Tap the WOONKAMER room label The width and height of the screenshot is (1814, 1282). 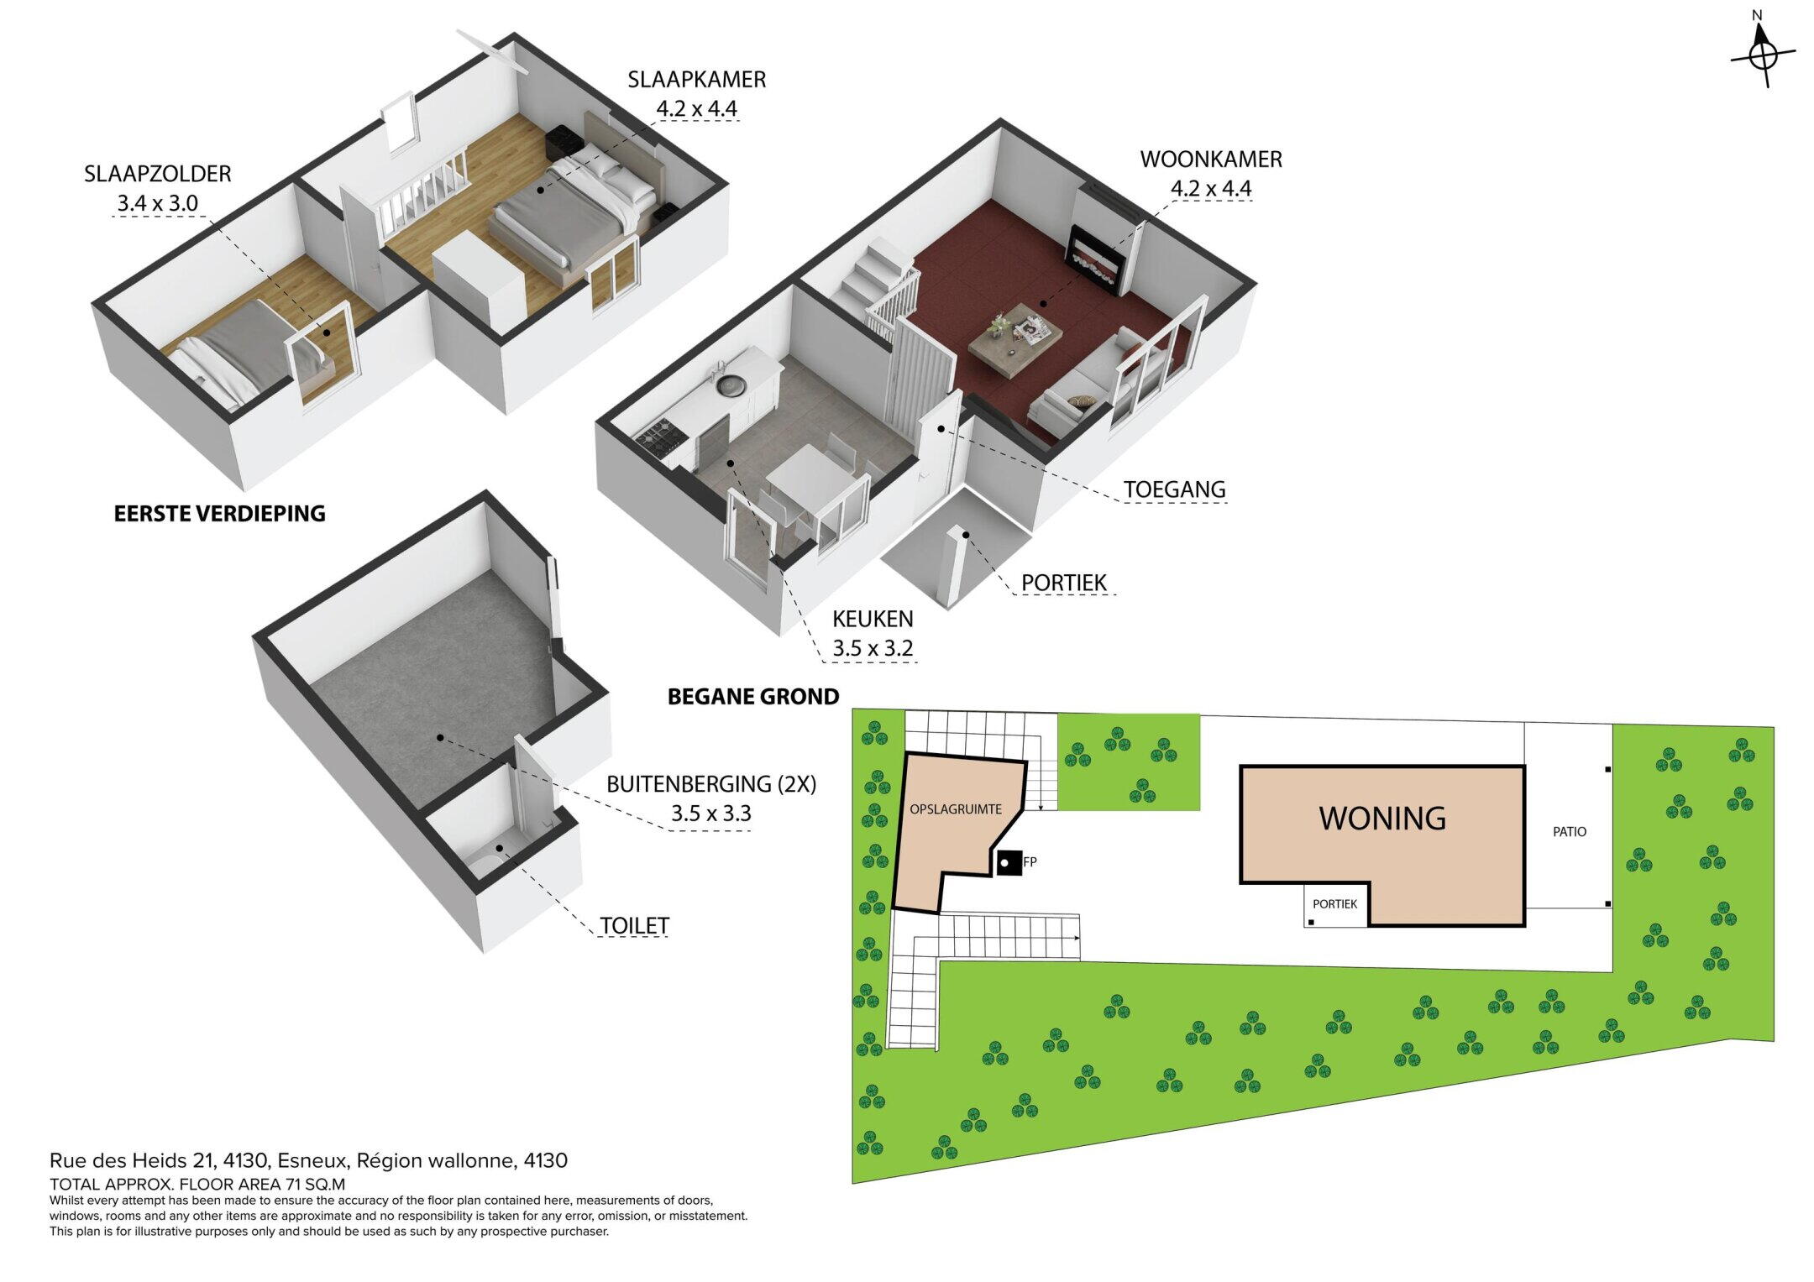[1210, 159]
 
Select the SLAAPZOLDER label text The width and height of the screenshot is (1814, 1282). [157, 174]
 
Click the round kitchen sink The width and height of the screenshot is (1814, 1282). [731, 386]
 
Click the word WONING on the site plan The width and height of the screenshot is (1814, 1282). [1382, 818]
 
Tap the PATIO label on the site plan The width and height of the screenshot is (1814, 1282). [1570, 832]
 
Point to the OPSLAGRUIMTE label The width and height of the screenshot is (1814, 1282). [956, 810]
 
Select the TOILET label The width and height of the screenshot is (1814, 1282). [634, 925]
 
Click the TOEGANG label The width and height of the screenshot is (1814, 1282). [1175, 489]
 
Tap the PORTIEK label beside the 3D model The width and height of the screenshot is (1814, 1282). [1064, 582]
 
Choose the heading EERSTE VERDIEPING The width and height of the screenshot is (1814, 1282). [219, 513]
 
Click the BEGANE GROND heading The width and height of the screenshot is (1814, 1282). [753, 696]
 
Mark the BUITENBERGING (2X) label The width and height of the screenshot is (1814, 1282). [711, 783]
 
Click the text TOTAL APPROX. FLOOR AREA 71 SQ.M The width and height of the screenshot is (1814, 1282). [197, 1185]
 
